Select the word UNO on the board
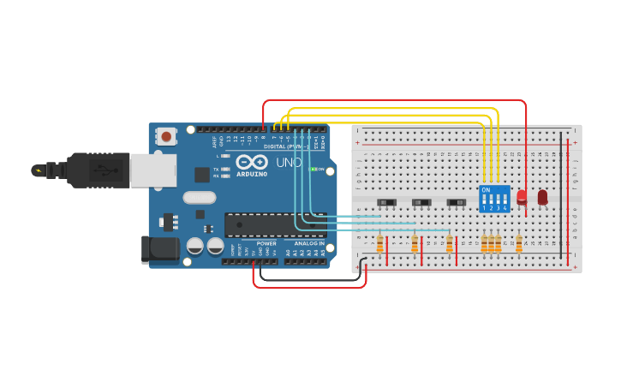(289, 162)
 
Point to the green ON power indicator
(314, 170)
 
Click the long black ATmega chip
(274, 224)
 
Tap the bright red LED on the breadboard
(522, 196)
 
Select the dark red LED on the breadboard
(542, 197)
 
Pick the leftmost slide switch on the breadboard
(387, 202)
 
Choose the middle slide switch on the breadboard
(421, 202)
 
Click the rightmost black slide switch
(457, 202)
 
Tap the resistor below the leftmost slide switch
(379, 245)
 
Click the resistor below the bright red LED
(518, 244)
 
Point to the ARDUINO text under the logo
(252, 174)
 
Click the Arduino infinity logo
(252, 162)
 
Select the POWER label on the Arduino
(266, 243)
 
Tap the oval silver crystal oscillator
(199, 197)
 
